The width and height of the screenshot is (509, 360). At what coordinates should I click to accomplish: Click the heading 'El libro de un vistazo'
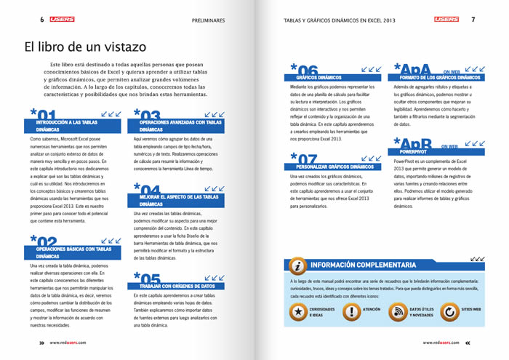click(85, 47)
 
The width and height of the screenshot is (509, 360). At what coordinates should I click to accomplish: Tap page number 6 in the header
click(42, 20)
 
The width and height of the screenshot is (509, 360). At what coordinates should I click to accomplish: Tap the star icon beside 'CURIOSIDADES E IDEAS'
click(297, 311)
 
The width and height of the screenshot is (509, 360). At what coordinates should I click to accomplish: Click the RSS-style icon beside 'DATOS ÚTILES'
click(398, 311)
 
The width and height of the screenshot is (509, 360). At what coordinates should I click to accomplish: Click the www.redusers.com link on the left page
click(68, 343)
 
